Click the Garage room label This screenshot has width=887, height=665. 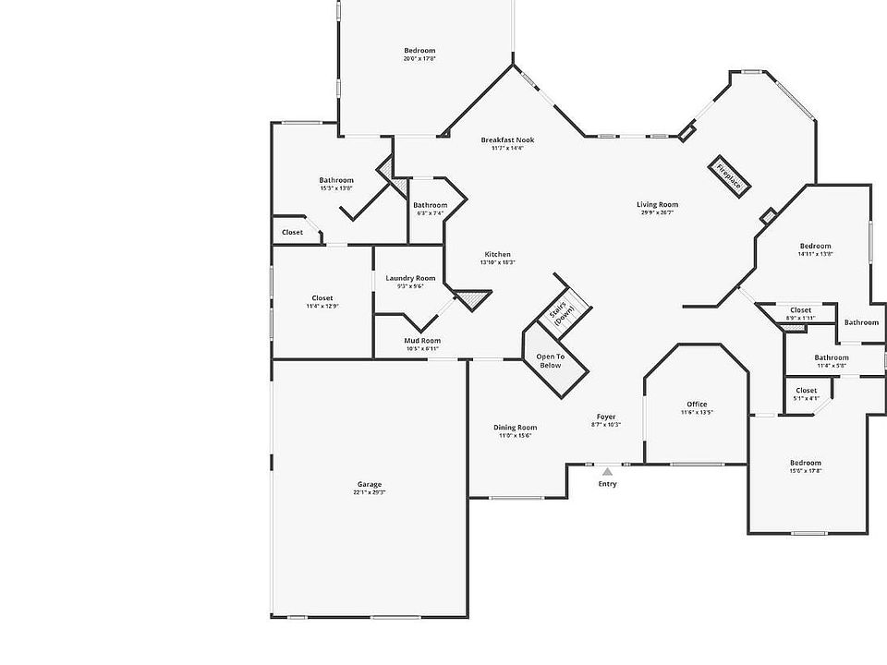click(370, 485)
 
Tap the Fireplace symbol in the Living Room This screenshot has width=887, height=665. click(729, 175)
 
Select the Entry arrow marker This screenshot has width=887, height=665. click(607, 472)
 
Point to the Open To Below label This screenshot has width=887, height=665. click(550, 360)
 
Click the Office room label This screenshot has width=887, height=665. click(697, 405)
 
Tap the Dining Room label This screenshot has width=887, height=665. click(515, 427)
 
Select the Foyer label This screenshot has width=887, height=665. click(605, 417)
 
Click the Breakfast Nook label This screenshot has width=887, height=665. click(507, 140)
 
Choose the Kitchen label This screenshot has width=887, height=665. click(497, 254)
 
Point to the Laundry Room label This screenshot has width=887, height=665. click(410, 278)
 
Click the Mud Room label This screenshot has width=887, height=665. click(422, 341)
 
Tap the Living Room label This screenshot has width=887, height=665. click(657, 204)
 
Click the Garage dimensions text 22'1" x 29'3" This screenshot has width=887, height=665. click(370, 492)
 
